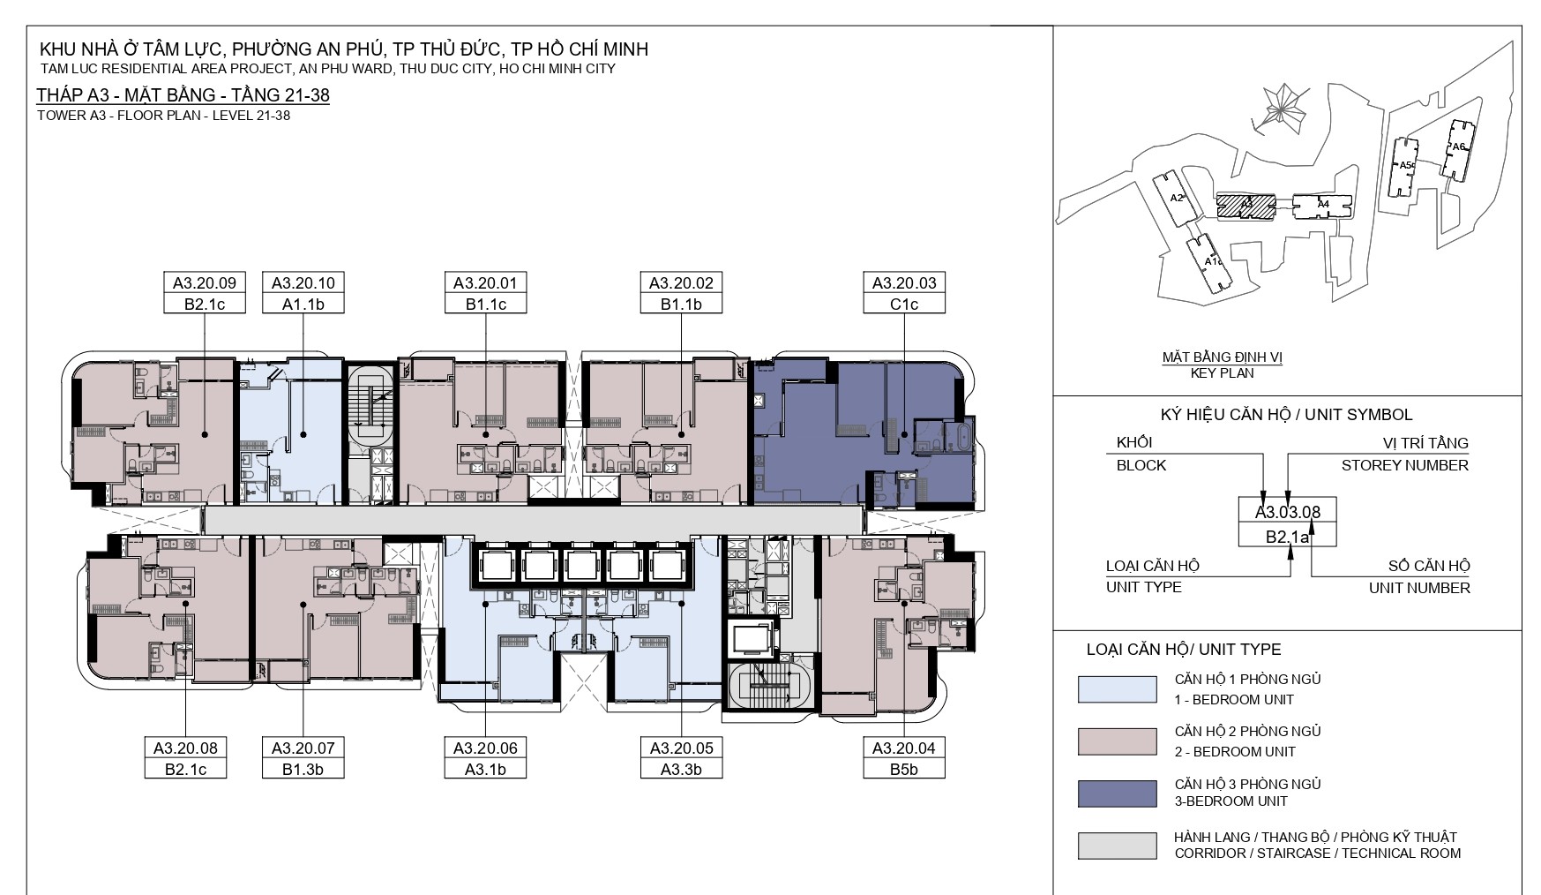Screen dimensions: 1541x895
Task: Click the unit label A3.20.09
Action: [205, 283]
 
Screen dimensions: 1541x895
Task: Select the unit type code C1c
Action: [904, 304]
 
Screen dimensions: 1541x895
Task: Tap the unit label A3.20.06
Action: [485, 748]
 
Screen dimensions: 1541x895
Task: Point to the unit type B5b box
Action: [904, 769]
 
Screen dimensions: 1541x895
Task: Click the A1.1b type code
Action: [303, 304]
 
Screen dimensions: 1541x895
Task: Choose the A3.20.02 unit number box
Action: [681, 283]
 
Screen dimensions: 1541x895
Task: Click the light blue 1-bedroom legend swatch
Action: [1117, 689]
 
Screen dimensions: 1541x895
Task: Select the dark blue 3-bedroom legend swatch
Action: [1117, 793]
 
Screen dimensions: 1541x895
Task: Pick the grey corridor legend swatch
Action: [1117, 846]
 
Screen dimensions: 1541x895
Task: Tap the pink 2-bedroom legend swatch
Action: [1117, 741]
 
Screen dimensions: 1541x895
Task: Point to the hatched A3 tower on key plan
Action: [1246, 206]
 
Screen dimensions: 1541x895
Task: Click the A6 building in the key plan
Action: [1457, 149]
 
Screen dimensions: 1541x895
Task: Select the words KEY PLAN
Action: [1222, 373]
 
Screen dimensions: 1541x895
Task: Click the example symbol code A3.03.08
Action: [1288, 511]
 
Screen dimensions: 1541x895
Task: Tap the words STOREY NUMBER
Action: [1405, 465]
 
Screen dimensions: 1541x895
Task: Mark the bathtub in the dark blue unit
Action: [959, 438]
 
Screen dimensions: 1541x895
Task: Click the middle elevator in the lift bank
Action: [581, 566]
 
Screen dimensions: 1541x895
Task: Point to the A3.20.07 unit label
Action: [303, 748]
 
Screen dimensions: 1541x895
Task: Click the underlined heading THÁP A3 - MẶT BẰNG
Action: [183, 95]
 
